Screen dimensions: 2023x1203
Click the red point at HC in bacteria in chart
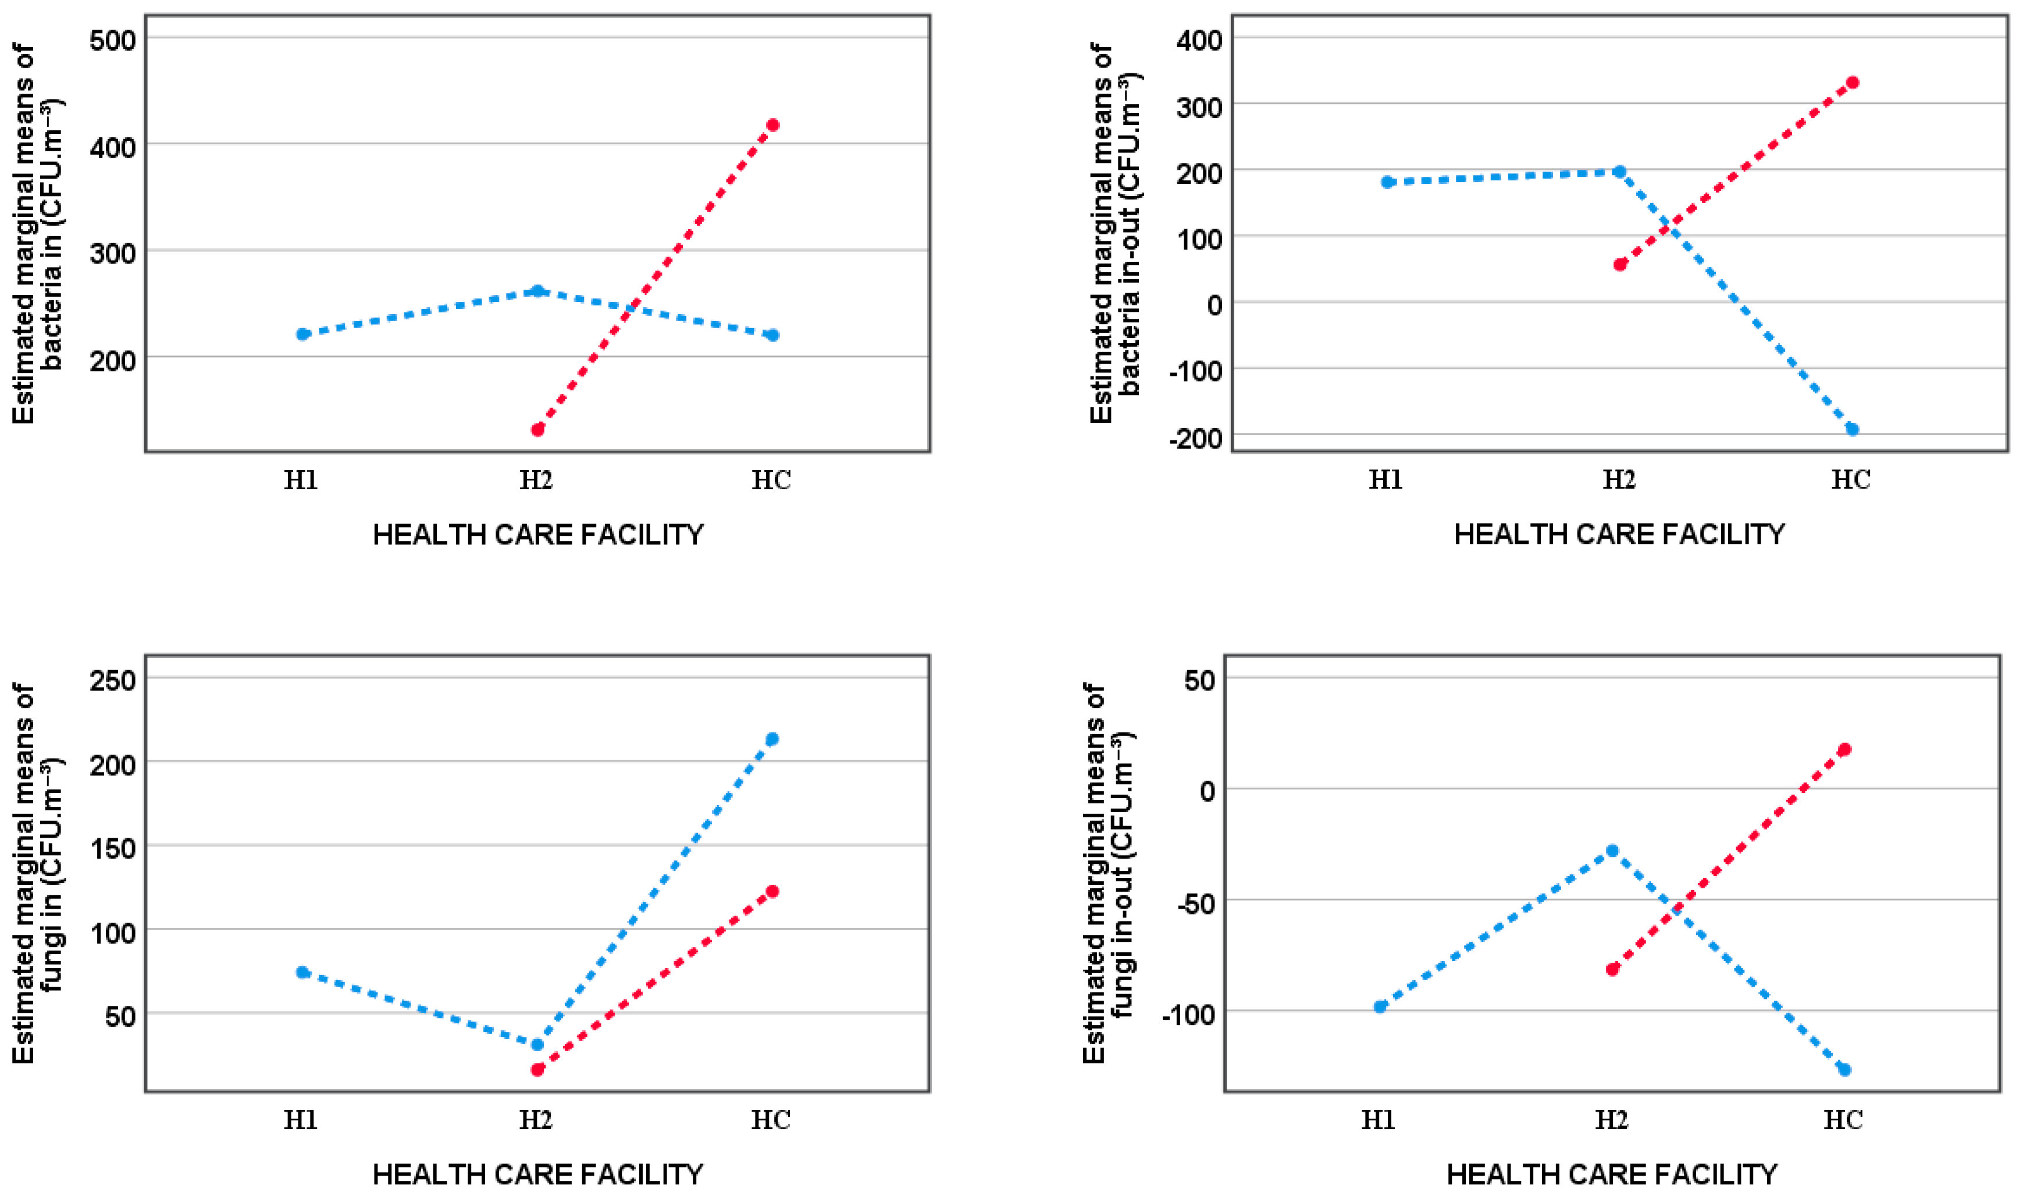772,125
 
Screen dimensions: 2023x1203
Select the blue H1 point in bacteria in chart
303,334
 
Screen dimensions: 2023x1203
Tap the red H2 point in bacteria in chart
537,430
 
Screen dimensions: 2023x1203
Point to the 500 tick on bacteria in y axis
113,40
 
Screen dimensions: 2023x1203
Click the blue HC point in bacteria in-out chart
1852,429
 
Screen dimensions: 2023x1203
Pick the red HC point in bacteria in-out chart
1852,83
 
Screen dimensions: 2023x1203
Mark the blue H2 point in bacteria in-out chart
1619,172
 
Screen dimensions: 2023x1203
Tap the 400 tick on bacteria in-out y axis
1199,40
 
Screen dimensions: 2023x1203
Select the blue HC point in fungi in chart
772,739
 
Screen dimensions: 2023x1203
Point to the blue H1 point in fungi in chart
303,972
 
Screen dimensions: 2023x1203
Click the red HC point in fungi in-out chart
1844,750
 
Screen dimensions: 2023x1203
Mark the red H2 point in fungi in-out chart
1612,969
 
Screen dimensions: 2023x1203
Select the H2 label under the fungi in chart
536,1119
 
